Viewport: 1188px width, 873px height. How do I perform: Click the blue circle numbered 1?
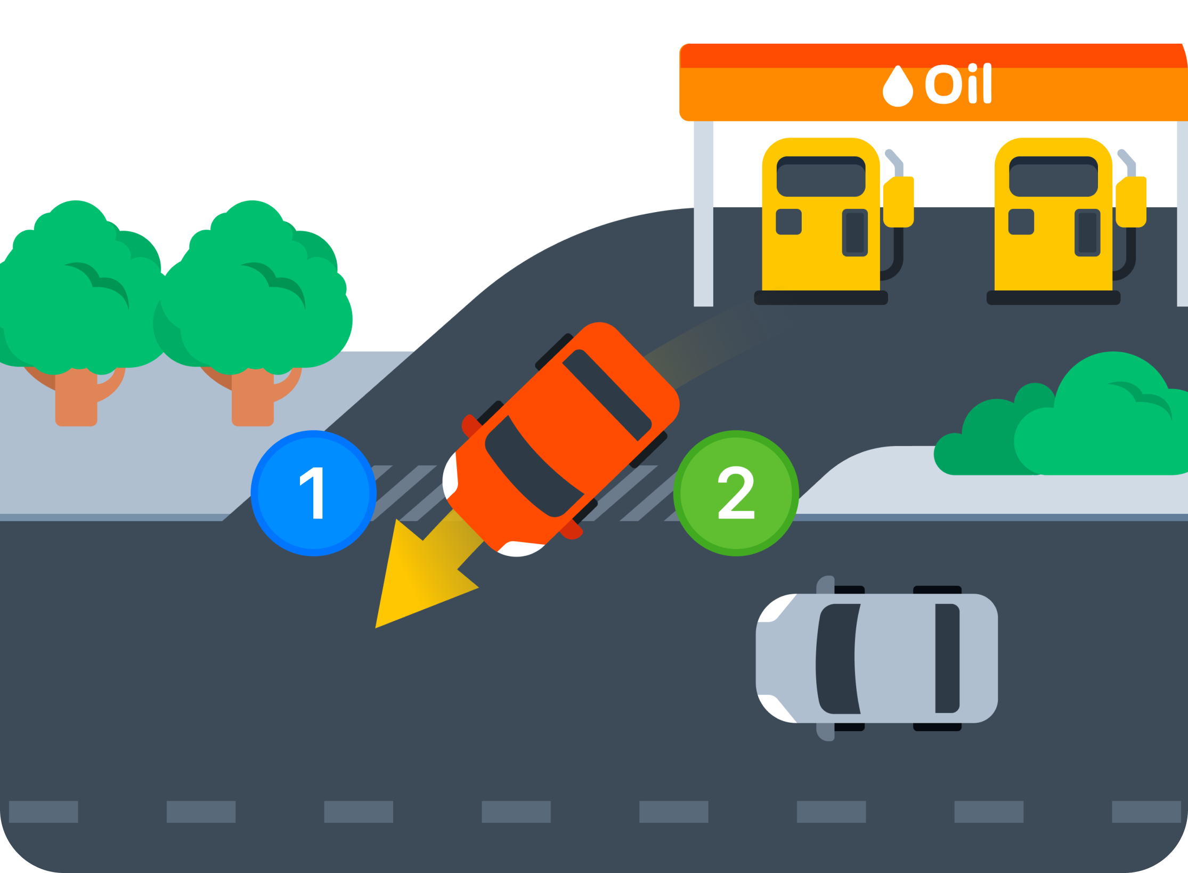pyautogui.click(x=313, y=493)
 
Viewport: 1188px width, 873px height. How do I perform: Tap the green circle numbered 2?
pyautogui.click(x=736, y=493)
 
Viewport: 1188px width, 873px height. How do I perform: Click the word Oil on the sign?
pyautogui.click(x=957, y=84)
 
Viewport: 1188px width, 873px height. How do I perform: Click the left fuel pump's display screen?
pyautogui.click(x=820, y=177)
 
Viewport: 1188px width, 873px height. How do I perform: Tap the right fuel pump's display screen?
pyautogui.click(x=1053, y=177)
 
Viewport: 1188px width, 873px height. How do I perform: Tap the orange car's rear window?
pyautogui.click(x=606, y=395)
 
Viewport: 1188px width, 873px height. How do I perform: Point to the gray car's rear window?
pyautogui.click(x=947, y=658)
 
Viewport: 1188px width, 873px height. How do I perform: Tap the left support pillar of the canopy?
pyautogui.click(x=703, y=213)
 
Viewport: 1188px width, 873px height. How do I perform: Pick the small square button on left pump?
pyautogui.click(x=788, y=222)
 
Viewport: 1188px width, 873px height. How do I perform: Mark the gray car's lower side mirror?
pyautogui.click(x=825, y=732)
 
